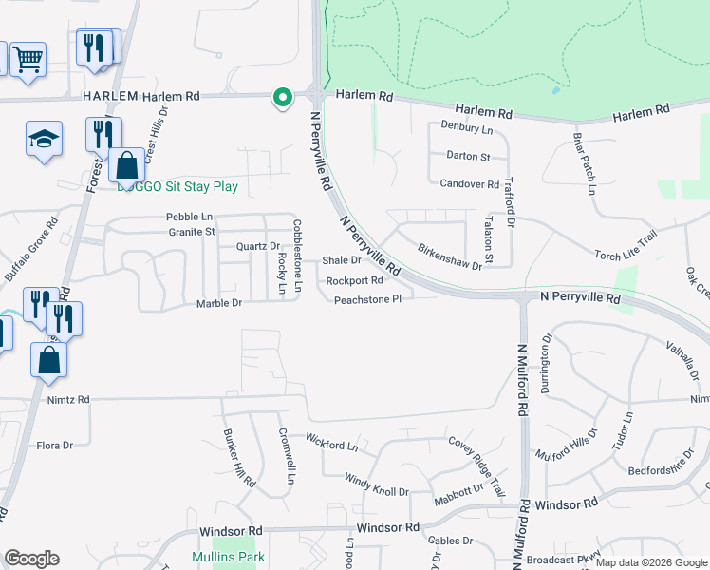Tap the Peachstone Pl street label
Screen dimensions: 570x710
click(x=367, y=299)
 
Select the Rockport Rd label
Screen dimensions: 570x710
click(x=354, y=280)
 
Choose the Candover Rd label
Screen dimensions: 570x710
click(x=469, y=183)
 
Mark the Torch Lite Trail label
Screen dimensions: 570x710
click(x=626, y=246)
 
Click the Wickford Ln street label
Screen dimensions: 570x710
click(x=331, y=442)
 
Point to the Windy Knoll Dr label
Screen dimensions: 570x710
click(x=376, y=485)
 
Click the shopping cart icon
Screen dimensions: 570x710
click(x=28, y=60)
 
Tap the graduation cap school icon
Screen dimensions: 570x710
click(x=44, y=139)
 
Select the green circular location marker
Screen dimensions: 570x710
click(x=282, y=97)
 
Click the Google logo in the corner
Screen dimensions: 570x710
click(x=31, y=559)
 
